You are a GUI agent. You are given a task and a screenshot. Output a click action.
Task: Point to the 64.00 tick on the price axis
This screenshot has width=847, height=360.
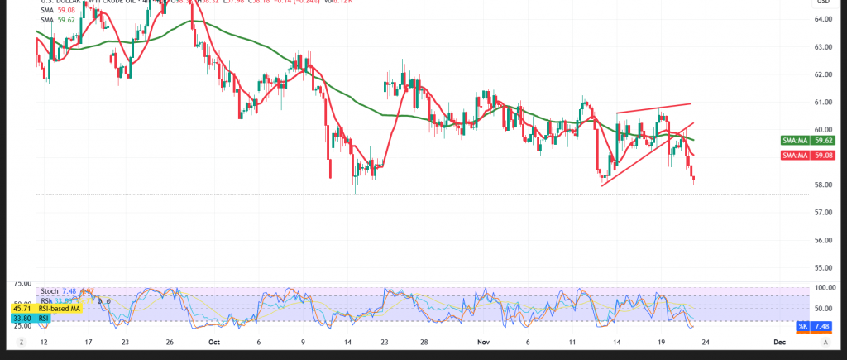824,20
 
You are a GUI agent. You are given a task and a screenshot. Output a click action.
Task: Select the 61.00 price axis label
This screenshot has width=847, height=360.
824,103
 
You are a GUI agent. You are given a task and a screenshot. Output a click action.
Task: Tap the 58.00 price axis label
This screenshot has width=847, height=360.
824,185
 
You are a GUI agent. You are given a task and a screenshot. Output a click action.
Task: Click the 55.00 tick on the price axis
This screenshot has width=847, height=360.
824,268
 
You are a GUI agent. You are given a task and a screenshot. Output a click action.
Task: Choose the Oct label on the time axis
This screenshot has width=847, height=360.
214,341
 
